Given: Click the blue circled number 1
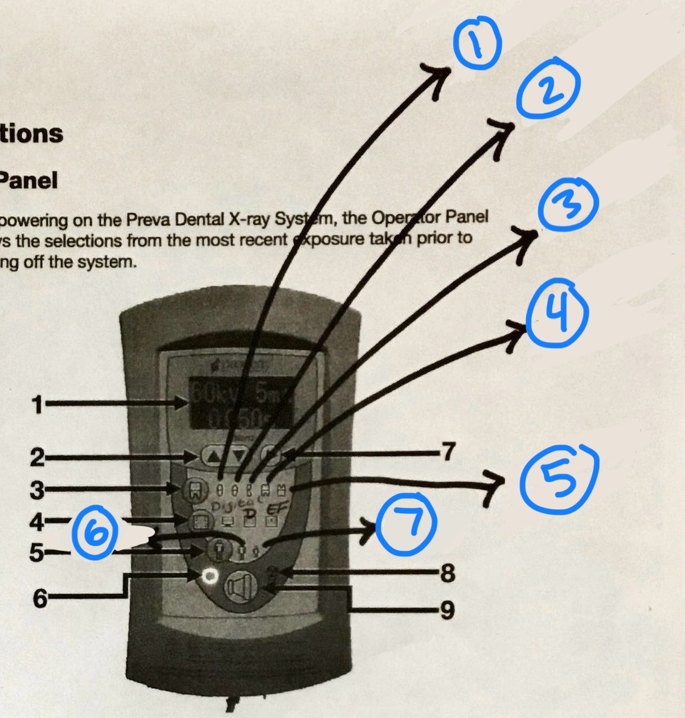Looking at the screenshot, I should coord(477,42).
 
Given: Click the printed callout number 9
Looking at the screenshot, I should coord(448,610).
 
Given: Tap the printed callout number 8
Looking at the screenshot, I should coord(448,573).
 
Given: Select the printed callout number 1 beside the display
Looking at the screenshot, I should coord(38,405).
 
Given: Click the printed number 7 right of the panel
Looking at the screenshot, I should coord(449,452).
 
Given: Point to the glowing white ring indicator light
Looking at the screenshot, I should coord(210,576).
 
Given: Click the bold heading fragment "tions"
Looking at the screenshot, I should coord(31,134).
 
